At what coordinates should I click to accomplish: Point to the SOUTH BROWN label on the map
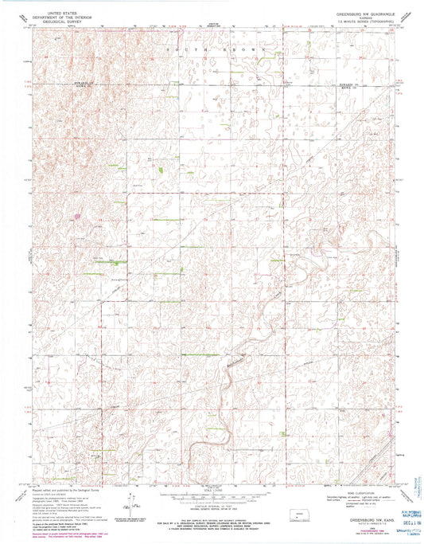pos(211,49)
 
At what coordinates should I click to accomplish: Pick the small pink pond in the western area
pos(78,215)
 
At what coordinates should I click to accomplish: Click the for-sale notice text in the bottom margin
pos(211,511)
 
